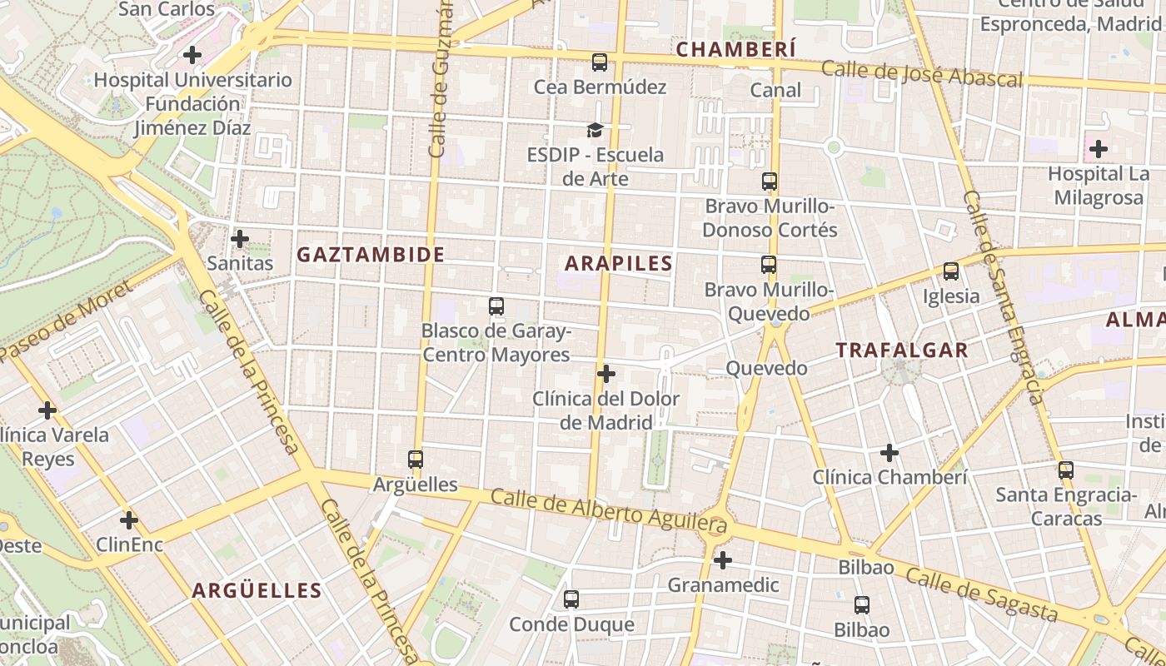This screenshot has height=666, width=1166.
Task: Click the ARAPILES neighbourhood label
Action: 618,264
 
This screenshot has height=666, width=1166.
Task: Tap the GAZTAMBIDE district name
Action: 371,255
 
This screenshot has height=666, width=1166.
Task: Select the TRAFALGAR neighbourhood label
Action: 902,350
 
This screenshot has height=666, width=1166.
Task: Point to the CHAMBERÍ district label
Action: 735,50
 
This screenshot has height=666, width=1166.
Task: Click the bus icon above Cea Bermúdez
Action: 599,62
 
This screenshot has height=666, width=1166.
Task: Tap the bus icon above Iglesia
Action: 950,271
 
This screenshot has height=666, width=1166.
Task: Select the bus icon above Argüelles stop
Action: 416,459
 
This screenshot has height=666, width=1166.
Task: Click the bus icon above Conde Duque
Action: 571,599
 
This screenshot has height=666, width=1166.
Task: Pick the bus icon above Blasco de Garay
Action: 496,306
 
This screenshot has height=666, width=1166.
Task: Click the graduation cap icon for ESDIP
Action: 595,130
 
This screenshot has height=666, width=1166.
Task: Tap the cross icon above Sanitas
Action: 240,239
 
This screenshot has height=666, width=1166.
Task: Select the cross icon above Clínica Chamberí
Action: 889,453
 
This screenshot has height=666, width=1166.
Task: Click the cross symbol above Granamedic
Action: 723,560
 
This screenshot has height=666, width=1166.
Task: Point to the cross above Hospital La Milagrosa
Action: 1099,149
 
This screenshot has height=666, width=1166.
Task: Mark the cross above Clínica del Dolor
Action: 606,374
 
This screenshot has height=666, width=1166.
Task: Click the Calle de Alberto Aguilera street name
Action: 608,510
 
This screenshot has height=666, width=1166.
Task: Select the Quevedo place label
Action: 766,368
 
